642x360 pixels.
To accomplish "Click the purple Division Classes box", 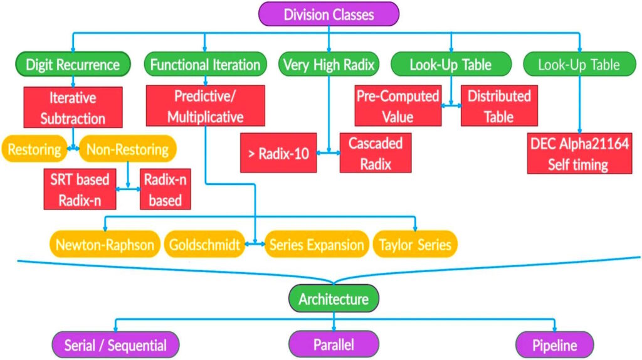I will point(329,14).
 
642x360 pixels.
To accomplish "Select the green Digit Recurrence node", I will point(72,65).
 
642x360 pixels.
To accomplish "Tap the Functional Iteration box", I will point(206,65).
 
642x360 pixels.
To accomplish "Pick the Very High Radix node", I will point(329,65).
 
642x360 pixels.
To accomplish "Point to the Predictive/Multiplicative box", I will point(205,106).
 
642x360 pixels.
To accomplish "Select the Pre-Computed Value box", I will point(397,106).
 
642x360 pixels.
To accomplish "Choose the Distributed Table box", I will point(499,106).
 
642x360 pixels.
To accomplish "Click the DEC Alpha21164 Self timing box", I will point(579,154).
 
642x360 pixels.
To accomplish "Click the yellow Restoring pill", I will point(34,150).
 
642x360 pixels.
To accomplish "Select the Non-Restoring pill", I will point(127,150).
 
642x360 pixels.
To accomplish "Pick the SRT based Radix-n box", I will point(80,189).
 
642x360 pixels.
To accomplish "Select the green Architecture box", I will point(333,299).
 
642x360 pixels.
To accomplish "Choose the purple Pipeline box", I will point(554,345).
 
